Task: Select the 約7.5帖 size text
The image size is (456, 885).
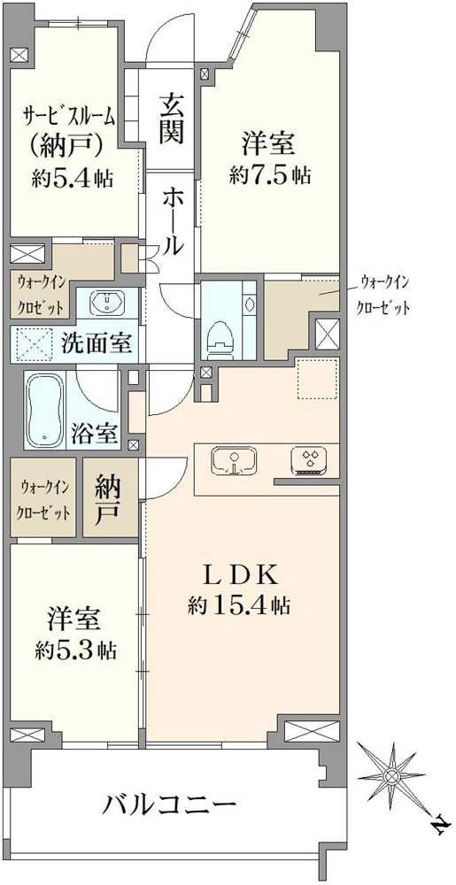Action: (270, 176)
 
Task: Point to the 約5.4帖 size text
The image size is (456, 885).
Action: (73, 179)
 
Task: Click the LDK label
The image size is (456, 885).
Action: (241, 576)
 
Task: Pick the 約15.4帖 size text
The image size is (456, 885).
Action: (239, 606)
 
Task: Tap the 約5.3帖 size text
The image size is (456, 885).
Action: (75, 650)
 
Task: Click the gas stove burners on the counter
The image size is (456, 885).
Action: (310, 458)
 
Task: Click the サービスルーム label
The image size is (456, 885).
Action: (69, 118)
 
